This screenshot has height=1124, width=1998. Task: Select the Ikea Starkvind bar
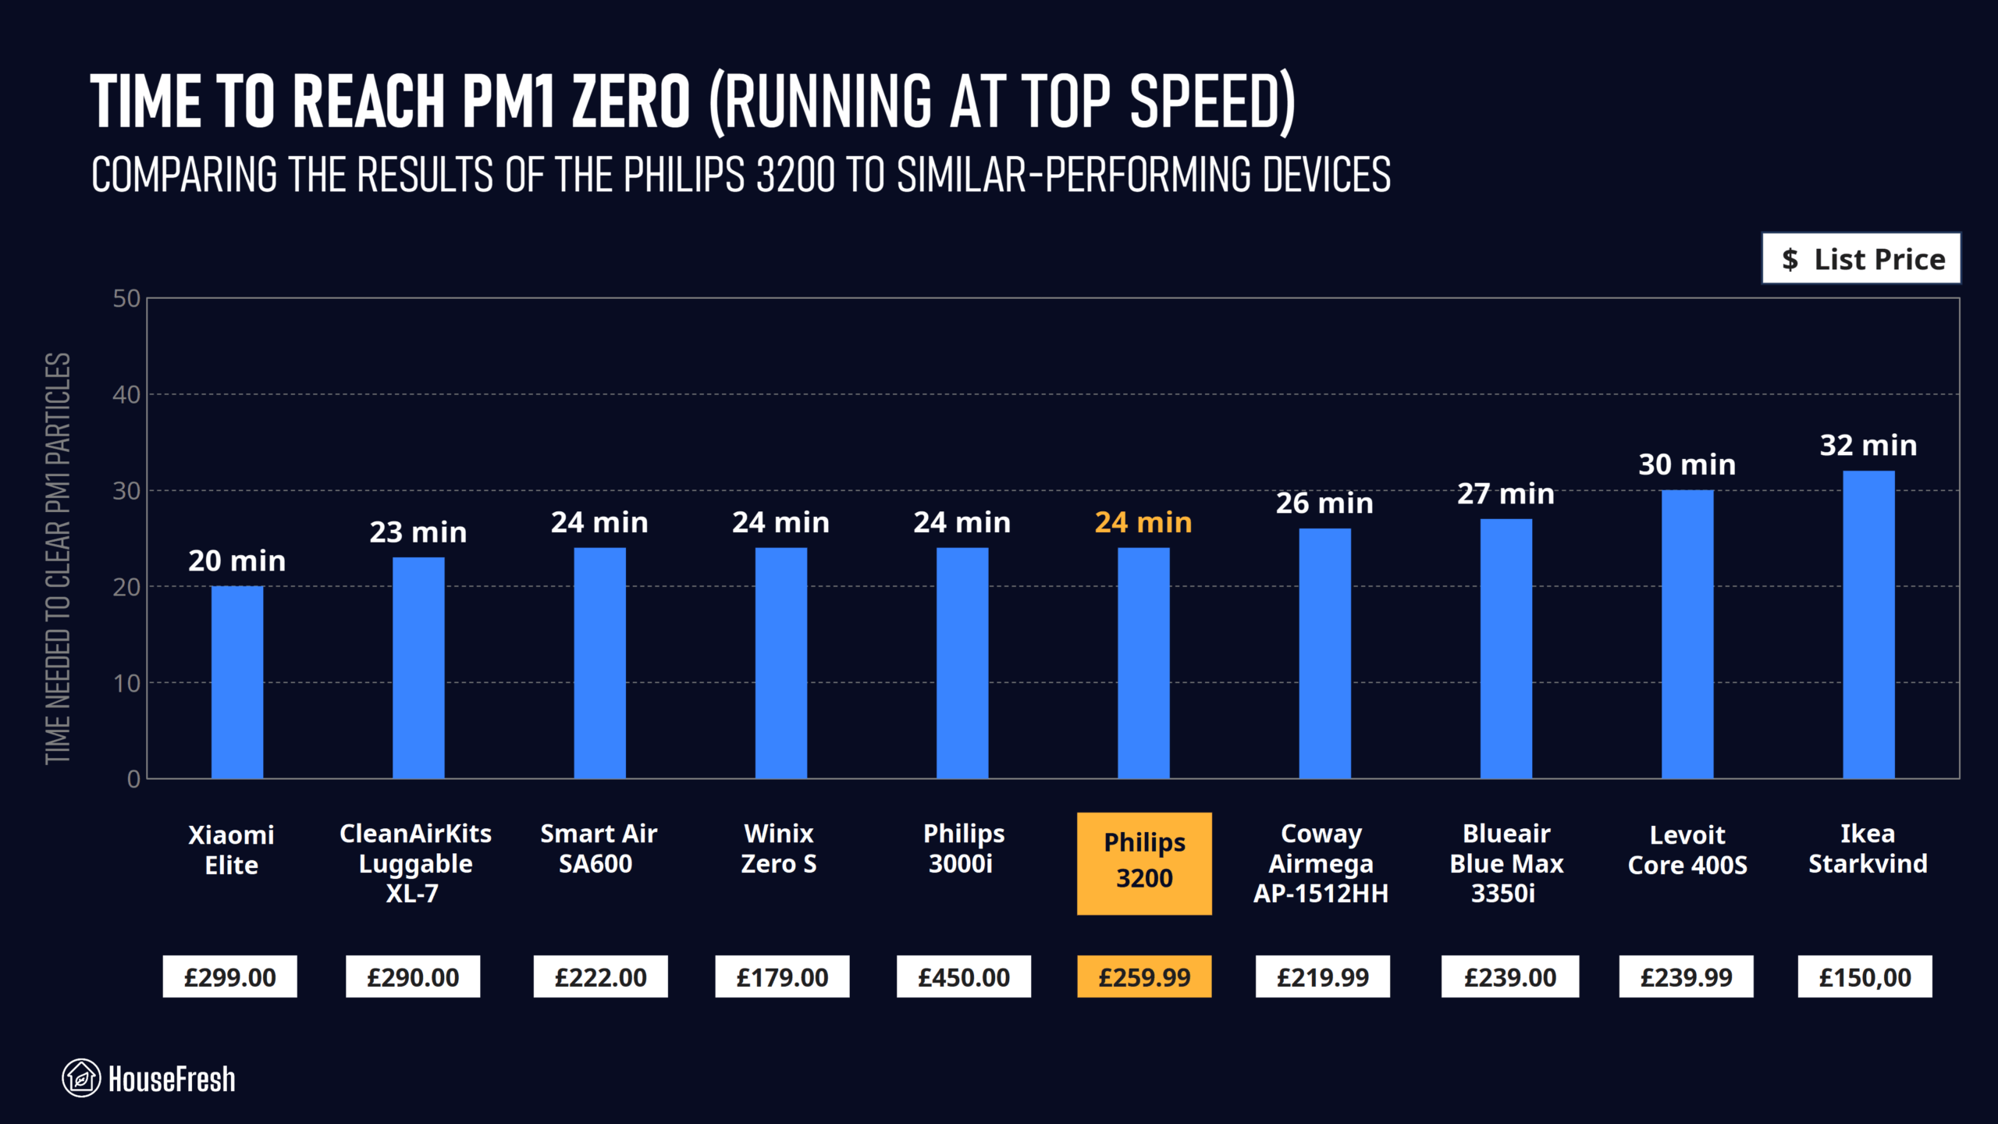1868,624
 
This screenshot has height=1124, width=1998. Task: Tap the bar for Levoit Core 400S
1687,634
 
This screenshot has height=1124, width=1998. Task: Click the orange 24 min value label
1143,522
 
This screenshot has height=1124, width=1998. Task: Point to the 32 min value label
1868,445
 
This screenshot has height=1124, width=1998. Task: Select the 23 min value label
418,532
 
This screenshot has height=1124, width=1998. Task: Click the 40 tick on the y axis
126,395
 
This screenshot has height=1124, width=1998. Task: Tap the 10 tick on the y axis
126,684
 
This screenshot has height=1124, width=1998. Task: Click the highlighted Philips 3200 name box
1144,863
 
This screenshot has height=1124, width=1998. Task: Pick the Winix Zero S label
779,848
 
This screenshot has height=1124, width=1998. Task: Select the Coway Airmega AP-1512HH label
1321,863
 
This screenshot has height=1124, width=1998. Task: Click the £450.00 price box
963,976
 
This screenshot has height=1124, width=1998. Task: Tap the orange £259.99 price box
1144,976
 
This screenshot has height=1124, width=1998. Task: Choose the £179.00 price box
782,976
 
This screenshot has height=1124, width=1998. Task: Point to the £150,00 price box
1865,976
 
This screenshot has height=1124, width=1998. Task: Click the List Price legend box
1861,258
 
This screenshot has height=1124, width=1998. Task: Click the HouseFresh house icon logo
81,1078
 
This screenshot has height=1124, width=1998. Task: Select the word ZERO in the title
631,101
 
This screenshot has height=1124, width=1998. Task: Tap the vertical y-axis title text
59,558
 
